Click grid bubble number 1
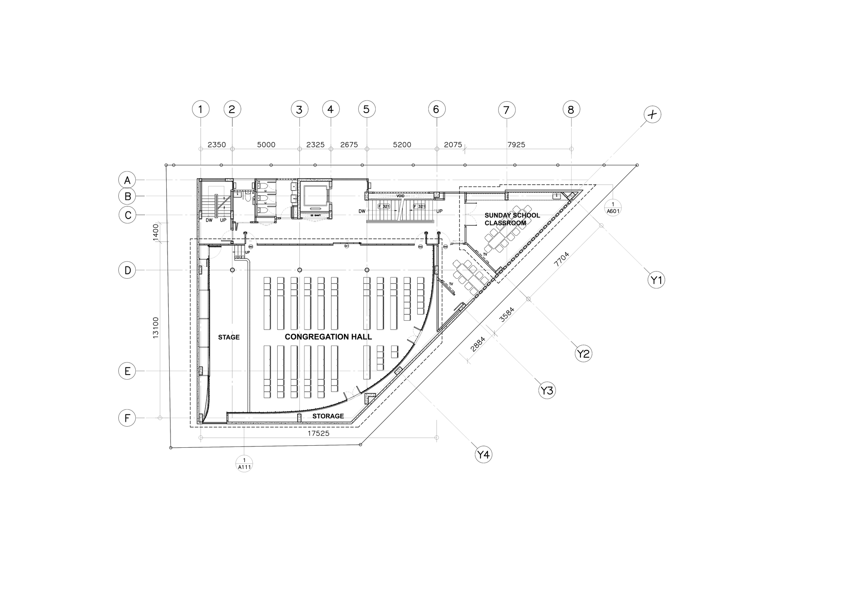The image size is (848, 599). pyautogui.click(x=201, y=109)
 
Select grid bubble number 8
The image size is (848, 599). pyautogui.click(x=571, y=109)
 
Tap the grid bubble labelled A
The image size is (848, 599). pyautogui.click(x=127, y=180)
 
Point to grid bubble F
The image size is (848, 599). pyautogui.click(x=127, y=418)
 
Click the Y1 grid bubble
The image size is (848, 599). pyautogui.click(x=656, y=280)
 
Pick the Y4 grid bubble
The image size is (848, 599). pyautogui.click(x=483, y=455)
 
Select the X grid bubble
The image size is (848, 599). pyautogui.click(x=652, y=114)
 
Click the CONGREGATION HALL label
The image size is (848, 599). pyautogui.click(x=328, y=337)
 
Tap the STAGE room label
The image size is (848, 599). pyautogui.click(x=229, y=337)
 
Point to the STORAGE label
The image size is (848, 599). pyautogui.click(x=328, y=416)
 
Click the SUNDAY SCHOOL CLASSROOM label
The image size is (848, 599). pyautogui.click(x=512, y=219)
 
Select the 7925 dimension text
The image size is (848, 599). pyautogui.click(x=516, y=145)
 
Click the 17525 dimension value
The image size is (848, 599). pyautogui.click(x=318, y=434)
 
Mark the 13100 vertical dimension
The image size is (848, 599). pyautogui.click(x=156, y=327)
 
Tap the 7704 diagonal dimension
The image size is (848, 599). pyautogui.click(x=561, y=259)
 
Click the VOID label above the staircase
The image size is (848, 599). pyautogui.click(x=400, y=196)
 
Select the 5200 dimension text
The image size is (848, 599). pyautogui.click(x=402, y=145)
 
